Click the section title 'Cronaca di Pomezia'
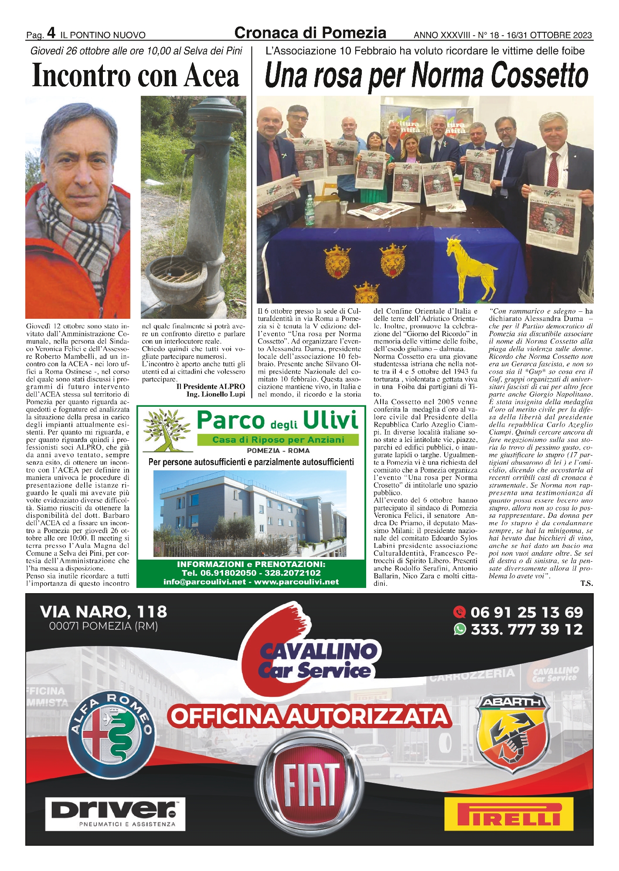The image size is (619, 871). (x=310, y=33)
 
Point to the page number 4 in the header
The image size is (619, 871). (x=51, y=33)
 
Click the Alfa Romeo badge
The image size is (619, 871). (x=112, y=732)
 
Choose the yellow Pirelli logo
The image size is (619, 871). (x=509, y=811)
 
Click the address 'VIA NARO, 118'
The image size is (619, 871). (x=103, y=612)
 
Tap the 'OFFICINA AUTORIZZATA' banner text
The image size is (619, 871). (x=309, y=715)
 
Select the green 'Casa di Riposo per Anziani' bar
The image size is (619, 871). (x=278, y=440)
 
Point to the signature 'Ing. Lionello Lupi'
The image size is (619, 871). (x=216, y=394)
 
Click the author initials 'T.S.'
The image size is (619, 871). (x=586, y=584)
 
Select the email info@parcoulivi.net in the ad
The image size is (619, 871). (x=204, y=582)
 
